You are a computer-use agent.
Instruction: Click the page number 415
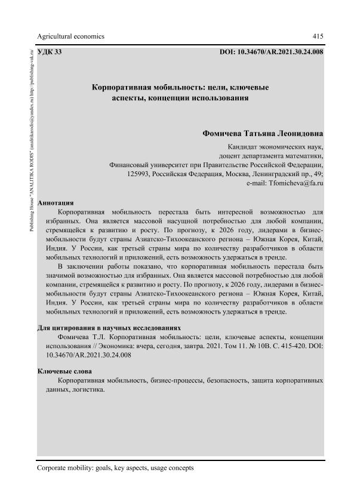click(318, 36)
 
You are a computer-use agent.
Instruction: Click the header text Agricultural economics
click(70, 36)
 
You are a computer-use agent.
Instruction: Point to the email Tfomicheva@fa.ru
click(296, 185)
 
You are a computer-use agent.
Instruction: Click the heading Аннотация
click(56, 202)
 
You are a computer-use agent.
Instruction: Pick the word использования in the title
click(216, 99)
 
